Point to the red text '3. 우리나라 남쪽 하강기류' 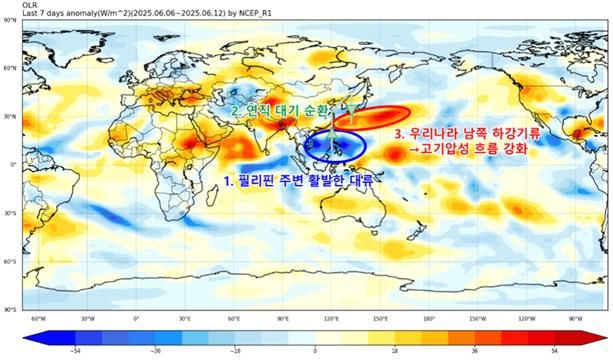(467, 132)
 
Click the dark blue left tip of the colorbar (25, 337)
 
